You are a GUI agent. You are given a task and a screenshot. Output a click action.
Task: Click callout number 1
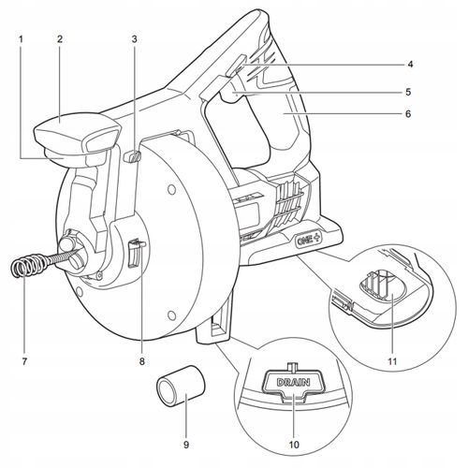coord(21,39)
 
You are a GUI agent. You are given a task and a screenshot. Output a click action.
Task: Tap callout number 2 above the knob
coord(60,39)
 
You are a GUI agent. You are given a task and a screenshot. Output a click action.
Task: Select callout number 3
coord(134,39)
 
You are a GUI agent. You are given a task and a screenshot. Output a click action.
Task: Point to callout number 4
coord(410,65)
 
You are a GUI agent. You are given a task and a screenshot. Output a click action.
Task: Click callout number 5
coord(408,92)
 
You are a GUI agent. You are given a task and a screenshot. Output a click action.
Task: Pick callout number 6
coord(408,114)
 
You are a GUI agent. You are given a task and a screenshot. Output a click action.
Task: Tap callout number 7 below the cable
coord(24,361)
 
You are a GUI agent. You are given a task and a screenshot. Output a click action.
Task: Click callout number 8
coord(142,361)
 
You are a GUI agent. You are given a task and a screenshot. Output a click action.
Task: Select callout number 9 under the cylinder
coord(186,444)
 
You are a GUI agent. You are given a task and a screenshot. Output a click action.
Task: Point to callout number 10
coord(294,444)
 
